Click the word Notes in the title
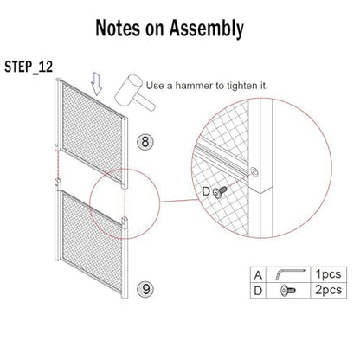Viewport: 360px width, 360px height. (118, 28)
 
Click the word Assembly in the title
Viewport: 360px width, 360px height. (207, 29)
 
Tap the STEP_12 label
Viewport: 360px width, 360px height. (29, 67)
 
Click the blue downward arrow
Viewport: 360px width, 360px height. (96, 84)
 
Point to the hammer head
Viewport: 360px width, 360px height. (128, 90)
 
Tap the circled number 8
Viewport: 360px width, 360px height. (145, 142)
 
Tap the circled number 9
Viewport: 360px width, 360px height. (145, 289)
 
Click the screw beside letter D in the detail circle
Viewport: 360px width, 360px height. (220, 192)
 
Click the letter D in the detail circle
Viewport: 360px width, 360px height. (206, 191)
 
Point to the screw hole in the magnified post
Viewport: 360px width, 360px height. (254, 172)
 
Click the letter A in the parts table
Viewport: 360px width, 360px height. (258, 275)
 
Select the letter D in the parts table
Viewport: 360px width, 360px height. (258, 291)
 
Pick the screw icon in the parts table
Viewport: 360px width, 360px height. (288, 290)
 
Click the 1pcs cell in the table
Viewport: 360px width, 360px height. (328, 274)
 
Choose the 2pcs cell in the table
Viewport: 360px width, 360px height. (328, 290)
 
